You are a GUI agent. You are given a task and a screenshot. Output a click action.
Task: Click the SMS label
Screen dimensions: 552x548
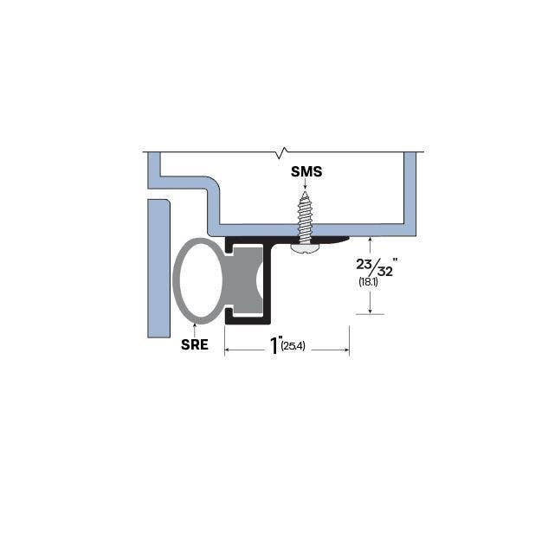click(306, 171)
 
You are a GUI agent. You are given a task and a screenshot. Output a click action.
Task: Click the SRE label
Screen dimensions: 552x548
click(195, 344)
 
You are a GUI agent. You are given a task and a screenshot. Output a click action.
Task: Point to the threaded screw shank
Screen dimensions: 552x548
click(306, 216)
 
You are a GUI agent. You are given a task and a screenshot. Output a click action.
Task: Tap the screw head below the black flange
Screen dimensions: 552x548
click(305, 247)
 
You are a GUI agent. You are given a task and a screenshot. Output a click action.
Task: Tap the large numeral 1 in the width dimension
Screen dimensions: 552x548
click(274, 346)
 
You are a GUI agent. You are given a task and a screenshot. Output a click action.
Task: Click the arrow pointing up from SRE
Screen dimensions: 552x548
click(195, 326)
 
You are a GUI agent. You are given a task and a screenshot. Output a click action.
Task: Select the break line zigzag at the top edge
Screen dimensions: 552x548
click(280, 154)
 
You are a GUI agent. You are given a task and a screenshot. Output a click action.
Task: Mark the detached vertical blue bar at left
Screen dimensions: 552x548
click(158, 268)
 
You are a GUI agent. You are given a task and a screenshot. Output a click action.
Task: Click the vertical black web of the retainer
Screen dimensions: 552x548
click(270, 281)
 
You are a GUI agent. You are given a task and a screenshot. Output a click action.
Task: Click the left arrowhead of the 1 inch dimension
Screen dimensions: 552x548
click(229, 350)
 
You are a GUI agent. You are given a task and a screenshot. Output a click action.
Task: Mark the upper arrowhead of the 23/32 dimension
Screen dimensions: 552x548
click(371, 240)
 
